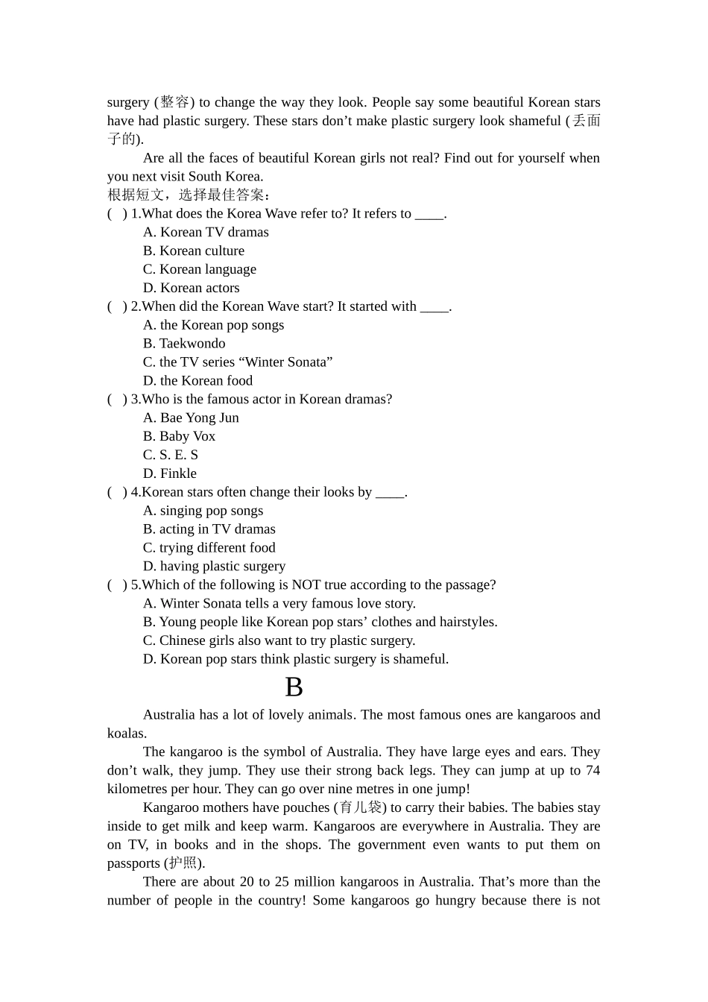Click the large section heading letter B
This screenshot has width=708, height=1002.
coord(294,687)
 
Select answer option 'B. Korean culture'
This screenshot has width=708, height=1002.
coord(194,250)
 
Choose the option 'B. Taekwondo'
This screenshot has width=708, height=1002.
coord(184,344)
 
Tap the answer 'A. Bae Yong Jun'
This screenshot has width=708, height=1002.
coord(191,417)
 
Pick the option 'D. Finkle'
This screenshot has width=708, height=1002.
coord(170,473)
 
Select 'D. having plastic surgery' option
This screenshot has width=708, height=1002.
coord(214,567)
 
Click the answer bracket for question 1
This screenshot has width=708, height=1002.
coord(117,214)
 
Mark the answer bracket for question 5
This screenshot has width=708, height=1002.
coord(117,585)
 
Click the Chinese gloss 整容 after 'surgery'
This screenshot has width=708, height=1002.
coord(174,102)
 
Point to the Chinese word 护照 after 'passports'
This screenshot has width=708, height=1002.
coord(183,863)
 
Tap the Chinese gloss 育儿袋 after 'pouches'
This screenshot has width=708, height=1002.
coord(360,807)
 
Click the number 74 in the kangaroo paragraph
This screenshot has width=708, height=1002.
coord(592,770)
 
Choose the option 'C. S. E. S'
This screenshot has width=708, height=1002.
coord(171,455)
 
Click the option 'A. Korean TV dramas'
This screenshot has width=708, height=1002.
coord(206,233)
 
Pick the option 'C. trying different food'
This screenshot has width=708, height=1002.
coord(209,548)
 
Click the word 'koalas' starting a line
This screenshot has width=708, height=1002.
coord(125,734)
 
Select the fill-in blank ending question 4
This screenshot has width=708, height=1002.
coord(390,493)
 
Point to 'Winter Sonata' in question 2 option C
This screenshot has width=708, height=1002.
coord(286,362)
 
